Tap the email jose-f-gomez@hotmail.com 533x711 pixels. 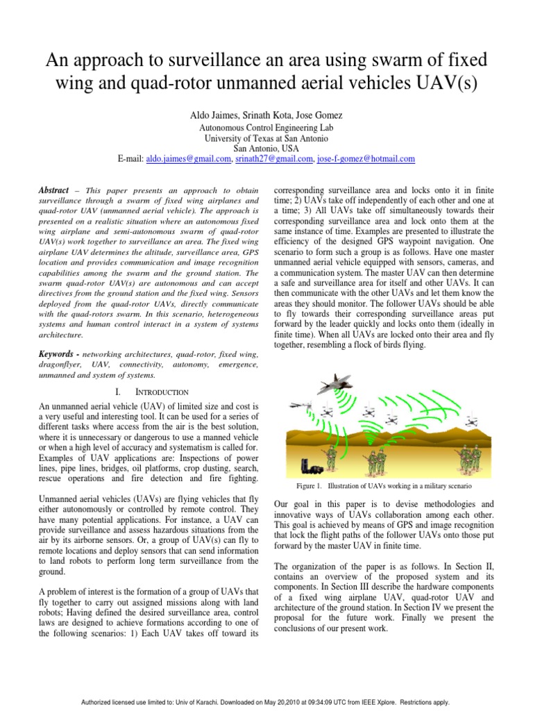[x=366, y=159]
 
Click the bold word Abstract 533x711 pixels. [x=54, y=190]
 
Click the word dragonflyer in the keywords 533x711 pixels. [x=64, y=364]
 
